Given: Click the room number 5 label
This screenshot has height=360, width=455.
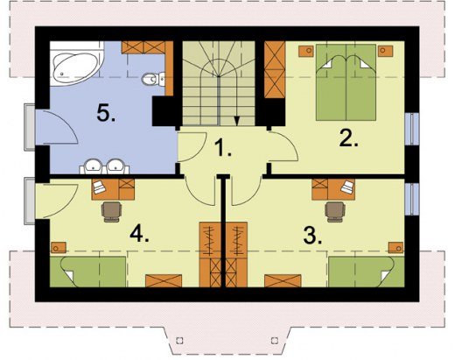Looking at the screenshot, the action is [106, 113].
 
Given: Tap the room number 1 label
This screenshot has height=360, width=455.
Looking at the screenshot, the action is [223, 147].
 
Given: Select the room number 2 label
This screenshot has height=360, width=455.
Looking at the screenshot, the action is [348, 138].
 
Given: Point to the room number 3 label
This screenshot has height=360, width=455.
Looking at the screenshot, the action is [312, 236].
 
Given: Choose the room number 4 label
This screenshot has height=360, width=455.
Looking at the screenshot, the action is [139, 234].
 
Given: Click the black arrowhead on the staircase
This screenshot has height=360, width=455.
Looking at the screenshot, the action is [237, 121].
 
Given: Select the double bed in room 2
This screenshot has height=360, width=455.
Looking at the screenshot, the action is [346, 82].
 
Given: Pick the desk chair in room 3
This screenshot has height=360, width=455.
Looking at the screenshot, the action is [335, 212].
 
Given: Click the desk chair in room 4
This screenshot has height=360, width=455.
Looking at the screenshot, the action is [111, 212].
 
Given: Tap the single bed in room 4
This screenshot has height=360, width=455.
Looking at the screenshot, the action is [87, 272].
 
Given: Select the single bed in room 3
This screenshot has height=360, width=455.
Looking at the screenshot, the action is [367, 272].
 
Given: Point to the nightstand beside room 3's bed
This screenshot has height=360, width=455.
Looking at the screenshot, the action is [395, 248].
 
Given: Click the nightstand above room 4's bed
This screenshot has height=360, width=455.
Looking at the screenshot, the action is [59, 248].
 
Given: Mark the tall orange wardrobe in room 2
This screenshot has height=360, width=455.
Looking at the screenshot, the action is [275, 69].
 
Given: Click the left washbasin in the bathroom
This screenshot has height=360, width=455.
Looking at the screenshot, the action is [93, 166].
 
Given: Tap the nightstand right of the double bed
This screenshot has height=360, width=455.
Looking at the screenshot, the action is [385, 51].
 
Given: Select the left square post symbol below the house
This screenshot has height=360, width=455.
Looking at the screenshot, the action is [180, 340].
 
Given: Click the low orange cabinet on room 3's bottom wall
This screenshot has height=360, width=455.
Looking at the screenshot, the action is [283, 280].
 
